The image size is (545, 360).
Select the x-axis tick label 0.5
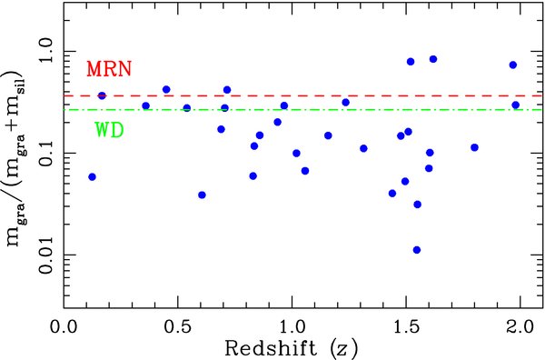(x=177, y=325)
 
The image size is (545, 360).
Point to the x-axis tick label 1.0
(x=292, y=325)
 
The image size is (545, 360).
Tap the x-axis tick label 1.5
(x=405, y=325)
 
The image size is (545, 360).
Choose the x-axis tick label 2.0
(x=519, y=325)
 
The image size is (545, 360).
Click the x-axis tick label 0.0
(x=64, y=325)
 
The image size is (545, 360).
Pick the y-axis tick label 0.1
(x=41, y=152)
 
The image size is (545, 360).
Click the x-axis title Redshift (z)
(x=292, y=348)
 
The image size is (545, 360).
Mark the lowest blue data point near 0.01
(x=417, y=250)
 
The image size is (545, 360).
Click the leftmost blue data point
(x=92, y=176)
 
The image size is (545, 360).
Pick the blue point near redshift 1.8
(x=474, y=147)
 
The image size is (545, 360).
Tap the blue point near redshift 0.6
(x=202, y=195)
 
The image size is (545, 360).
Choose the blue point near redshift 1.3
(x=363, y=148)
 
